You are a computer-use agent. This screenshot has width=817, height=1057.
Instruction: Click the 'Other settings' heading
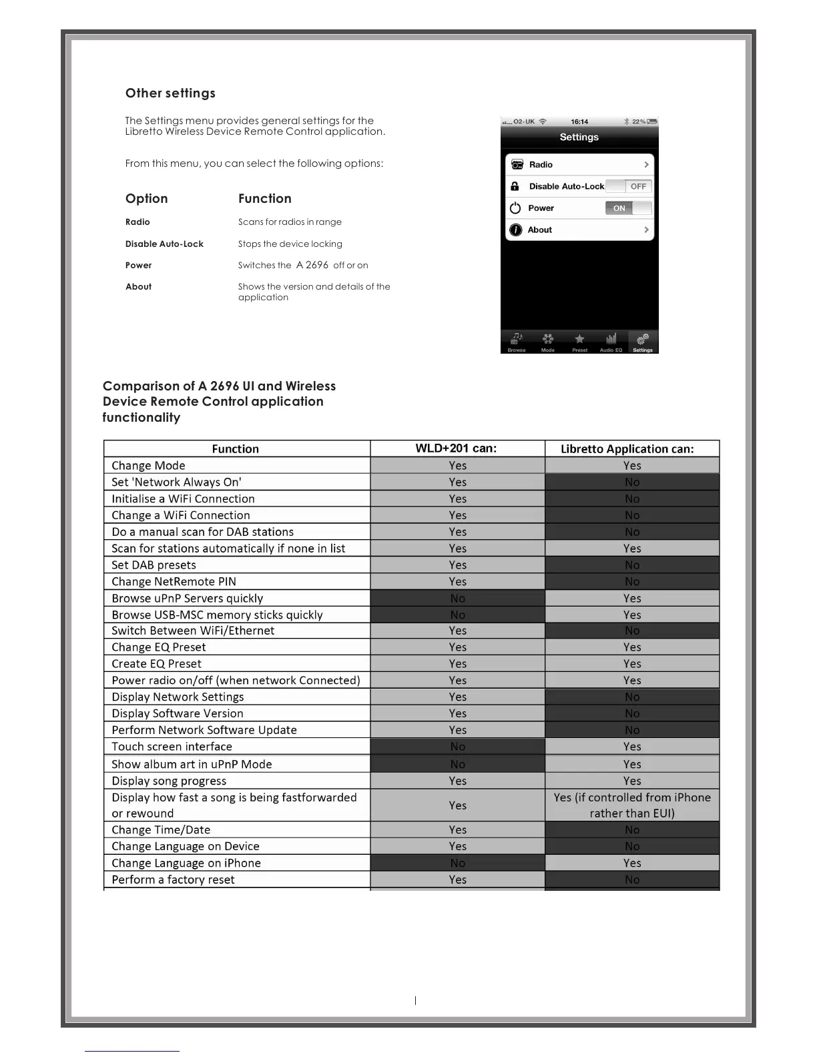(170, 93)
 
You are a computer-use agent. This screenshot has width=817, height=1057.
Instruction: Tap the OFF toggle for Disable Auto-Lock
(638, 186)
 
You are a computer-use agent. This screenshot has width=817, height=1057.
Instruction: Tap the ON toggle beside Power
(619, 208)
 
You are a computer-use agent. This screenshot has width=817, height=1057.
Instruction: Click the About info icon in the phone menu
(515, 230)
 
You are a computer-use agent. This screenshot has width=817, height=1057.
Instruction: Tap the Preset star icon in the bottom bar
(579, 340)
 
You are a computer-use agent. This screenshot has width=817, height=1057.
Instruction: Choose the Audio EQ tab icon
(611, 340)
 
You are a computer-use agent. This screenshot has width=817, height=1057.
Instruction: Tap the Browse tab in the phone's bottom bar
(517, 341)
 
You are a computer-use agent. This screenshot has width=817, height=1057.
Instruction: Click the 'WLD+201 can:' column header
(457, 448)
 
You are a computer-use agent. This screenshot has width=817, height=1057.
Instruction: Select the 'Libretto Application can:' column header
(627, 449)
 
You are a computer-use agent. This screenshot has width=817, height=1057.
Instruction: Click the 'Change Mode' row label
(148, 466)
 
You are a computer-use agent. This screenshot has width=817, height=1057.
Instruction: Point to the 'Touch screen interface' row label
(172, 747)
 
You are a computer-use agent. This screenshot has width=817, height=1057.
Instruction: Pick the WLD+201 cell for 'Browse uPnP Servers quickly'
(457, 599)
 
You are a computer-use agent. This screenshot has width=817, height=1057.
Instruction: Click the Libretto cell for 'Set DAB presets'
(632, 565)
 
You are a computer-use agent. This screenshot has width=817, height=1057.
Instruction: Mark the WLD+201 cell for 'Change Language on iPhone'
(457, 863)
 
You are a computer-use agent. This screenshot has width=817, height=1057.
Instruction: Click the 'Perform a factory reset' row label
(173, 879)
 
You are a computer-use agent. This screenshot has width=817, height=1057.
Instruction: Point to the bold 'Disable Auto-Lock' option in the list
(164, 244)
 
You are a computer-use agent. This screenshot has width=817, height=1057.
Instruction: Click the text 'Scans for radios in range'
(290, 222)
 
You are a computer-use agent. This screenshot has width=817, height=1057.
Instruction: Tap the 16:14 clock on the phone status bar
(579, 121)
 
